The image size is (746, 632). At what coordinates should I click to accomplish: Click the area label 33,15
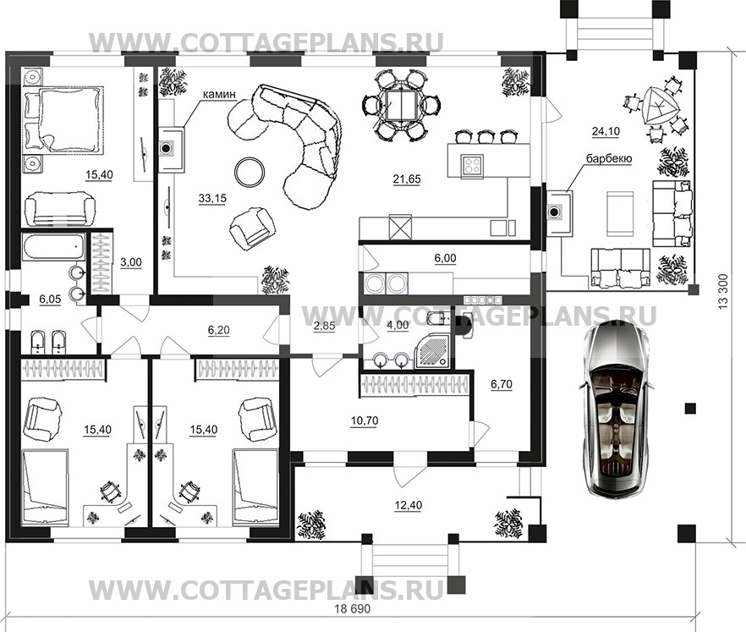coord(212,198)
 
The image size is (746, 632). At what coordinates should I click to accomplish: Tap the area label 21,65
coord(407,179)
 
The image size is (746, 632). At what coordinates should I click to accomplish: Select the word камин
coord(219,94)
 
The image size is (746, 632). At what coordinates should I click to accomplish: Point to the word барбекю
coord(609,158)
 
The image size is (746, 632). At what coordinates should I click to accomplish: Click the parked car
coord(616,409)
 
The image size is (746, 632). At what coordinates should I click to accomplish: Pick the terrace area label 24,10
coord(606,131)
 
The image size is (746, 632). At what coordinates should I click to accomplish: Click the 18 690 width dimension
coord(353,608)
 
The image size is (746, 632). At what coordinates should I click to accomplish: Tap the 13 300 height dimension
coord(724,292)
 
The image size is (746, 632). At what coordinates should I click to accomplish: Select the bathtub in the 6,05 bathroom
coord(53,246)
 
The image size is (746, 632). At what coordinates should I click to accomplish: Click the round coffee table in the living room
coord(250,172)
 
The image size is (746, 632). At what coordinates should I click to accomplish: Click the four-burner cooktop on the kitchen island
coord(472,166)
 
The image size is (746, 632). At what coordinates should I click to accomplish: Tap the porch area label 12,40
coord(409,505)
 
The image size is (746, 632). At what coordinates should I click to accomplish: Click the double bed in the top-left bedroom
coord(63,119)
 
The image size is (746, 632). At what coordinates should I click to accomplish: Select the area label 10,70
coord(365,420)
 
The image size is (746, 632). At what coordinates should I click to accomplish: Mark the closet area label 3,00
coord(131,262)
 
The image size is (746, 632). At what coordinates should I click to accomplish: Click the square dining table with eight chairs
coord(402,106)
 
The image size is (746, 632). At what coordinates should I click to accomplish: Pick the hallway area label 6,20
coord(219,330)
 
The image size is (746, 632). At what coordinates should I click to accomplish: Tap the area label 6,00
coord(445,258)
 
